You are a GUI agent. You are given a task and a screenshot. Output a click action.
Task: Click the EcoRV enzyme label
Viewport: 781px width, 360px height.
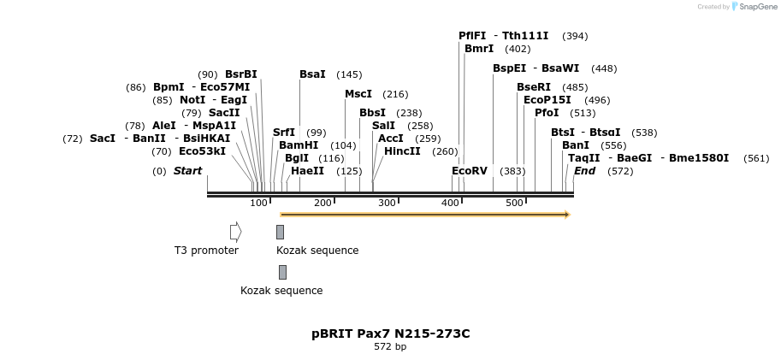(x=470, y=171)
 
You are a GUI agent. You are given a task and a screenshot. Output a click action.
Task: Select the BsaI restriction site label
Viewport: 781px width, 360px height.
(x=312, y=74)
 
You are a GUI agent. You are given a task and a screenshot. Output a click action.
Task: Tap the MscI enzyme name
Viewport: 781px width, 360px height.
(x=358, y=94)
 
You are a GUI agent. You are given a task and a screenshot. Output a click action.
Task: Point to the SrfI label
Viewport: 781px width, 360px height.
(x=284, y=133)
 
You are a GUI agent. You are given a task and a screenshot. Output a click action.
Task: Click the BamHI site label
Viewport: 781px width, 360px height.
(x=299, y=145)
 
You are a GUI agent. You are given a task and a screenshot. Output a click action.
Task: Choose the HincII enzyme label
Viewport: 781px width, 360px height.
(x=402, y=151)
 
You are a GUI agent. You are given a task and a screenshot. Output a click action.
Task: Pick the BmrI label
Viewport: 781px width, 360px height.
(x=479, y=49)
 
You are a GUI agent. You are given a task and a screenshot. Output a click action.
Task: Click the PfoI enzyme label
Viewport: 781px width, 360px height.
(x=547, y=113)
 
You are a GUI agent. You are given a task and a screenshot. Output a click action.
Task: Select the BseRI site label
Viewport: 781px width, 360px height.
(x=534, y=87)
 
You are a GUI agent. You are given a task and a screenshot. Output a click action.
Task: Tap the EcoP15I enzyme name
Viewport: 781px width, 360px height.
(x=547, y=100)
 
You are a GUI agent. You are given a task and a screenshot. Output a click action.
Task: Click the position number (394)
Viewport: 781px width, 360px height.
(x=575, y=36)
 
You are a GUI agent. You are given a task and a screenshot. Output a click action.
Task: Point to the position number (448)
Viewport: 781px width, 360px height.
(x=604, y=68)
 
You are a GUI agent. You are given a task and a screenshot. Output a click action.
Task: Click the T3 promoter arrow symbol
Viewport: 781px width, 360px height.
(x=235, y=232)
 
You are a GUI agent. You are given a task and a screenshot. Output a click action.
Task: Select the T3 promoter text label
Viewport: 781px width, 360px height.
(x=206, y=251)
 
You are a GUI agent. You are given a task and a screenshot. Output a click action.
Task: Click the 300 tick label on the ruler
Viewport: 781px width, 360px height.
(x=387, y=203)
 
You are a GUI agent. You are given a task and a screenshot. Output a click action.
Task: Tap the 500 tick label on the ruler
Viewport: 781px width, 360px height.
(x=514, y=203)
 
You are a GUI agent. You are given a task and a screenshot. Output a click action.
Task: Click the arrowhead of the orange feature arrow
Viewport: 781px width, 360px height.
(x=565, y=215)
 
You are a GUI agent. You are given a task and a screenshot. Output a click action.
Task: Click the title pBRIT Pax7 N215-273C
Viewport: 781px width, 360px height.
(x=391, y=333)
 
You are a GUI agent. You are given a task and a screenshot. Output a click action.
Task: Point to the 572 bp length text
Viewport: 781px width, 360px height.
(x=390, y=347)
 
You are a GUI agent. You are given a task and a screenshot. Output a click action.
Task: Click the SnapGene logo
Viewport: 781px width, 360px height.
(x=754, y=7)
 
